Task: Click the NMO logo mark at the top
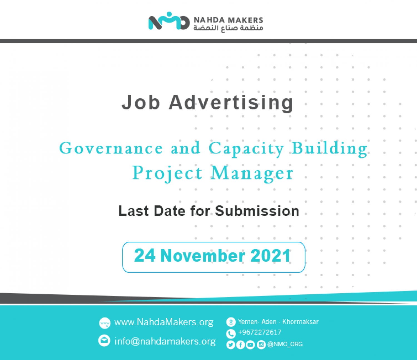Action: tap(169, 21)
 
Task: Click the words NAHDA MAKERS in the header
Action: tap(228, 20)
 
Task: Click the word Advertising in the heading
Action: tap(231, 103)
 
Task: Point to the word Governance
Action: tap(111, 148)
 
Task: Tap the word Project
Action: tap(167, 173)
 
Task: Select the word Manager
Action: tap(252, 173)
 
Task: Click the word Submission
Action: tap(257, 211)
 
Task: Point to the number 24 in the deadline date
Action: tap(145, 255)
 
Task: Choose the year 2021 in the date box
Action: tap(270, 255)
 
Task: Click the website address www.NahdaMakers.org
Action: tap(164, 322)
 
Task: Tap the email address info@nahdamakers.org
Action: tap(165, 341)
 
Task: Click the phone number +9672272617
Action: tap(260, 332)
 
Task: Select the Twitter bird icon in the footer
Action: tap(230, 345)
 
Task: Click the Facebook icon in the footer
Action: tap(240, 345)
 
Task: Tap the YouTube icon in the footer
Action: tap(250, 345)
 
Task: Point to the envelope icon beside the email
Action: tap(104, 341)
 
